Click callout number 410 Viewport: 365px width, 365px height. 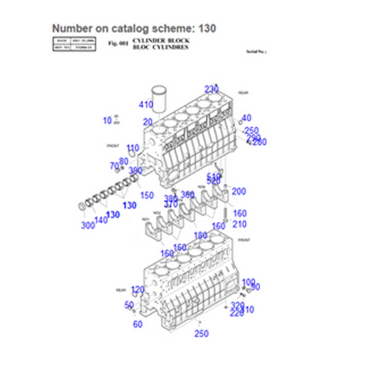pyautogui.click(x=146, y=105)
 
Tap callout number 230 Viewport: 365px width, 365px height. pyautogui.click(x=211, y=89)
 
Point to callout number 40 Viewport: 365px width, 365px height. pyautogui.click(x=246, y=118)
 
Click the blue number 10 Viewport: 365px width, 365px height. pyautogui.click(x=107, y=121)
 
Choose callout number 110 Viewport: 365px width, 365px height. pyautogui.click(x=132, y=148)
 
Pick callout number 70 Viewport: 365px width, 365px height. pyautogui.click(x=114, y=166)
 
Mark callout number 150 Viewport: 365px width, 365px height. pyautogui.click(x=146, y=195)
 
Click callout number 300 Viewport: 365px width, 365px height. pyautogui.click(x=88, y=225)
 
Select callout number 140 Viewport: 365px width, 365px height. pyautogui.click(x=101, y=220)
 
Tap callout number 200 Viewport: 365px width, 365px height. pyautogui.click(x=238, y=192)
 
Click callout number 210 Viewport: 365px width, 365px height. pyautogui.click(x=239, y=224)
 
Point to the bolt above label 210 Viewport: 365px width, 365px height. pyautogui.click(x=226, y=214)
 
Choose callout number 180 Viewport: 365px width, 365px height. pyautogui.click(x=201, y=236)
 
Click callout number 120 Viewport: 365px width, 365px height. pyautogui.click(x=138, y=290)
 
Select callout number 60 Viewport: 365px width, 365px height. pyautogui.click(x=138, y=324)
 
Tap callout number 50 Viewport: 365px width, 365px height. pyautogui.click(x=129, y=305)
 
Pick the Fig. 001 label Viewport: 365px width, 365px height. pyautogui.click(x=118, y=44)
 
